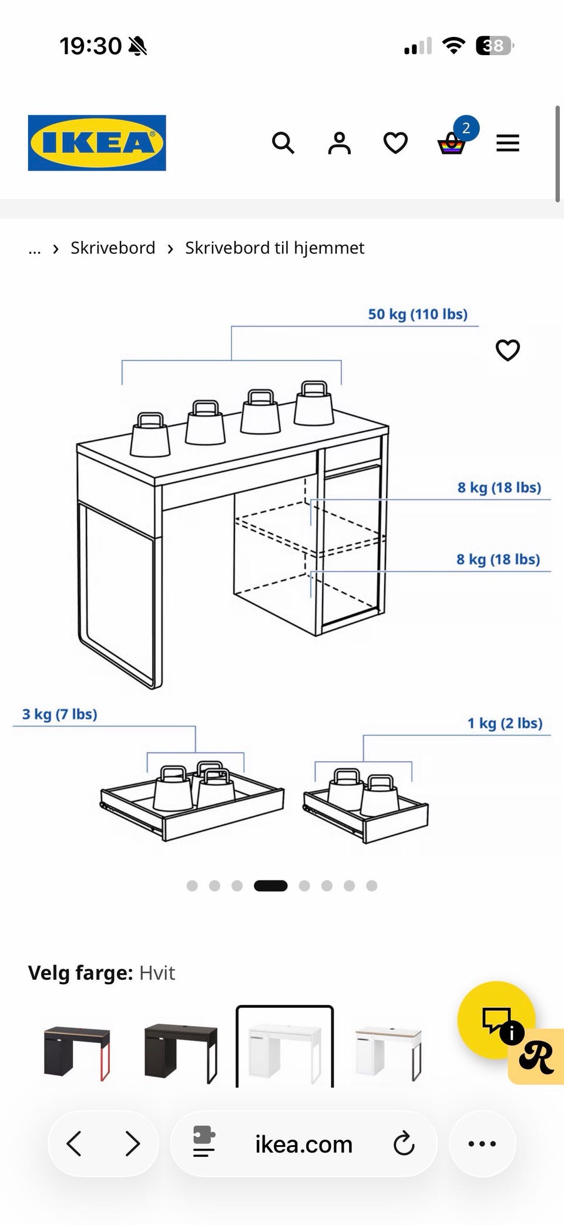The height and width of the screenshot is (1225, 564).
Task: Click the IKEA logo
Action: tap(97, 143)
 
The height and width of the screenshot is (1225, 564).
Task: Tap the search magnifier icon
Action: tap(283, 143)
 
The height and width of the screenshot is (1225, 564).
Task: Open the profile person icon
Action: tap(339, 143)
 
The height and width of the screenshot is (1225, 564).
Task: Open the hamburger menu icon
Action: tap(508, 143)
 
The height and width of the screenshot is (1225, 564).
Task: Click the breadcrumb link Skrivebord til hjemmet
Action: tap(274, 248)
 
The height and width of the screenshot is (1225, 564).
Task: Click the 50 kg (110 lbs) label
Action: tap(418, 314)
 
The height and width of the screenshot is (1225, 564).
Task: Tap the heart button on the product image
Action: tap(508, 350)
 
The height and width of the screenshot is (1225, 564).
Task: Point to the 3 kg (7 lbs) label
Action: tap(59, 714)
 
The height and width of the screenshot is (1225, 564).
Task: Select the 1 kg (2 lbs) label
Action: tap(505, 723)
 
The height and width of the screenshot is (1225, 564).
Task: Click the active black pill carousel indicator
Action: tap(270, 886)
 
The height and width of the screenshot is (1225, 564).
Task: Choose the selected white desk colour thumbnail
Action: tap(285, 1047)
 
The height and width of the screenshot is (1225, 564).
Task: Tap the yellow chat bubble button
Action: tap(496, 1020)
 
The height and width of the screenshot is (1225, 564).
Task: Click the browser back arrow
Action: tap(74, 1143)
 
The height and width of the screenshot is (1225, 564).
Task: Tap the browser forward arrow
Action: tap(133, 1143)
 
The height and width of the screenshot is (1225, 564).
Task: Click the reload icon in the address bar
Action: tap(404, 1143)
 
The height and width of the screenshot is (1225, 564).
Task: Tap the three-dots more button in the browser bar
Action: tap(482, 1143)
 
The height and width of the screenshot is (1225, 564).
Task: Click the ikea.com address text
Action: tap(304, 1145)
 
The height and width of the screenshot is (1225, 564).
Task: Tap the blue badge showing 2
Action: tap(466, 128)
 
